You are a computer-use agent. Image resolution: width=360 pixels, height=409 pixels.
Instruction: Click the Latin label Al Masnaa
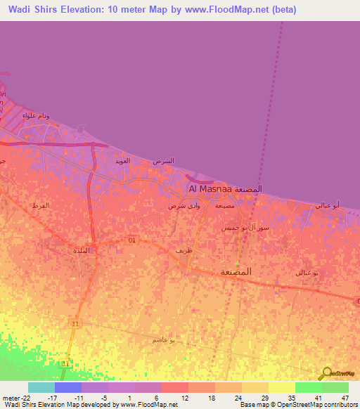tap(212, 190)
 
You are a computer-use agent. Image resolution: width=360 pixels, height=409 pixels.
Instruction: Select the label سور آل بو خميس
tap(245, 228)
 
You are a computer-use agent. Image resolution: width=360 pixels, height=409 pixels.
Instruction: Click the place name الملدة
tap(81, 250)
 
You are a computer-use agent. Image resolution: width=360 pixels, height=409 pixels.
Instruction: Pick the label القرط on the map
tap(40, 205)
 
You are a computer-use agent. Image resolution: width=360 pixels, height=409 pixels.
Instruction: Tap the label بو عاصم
tap(163, 339)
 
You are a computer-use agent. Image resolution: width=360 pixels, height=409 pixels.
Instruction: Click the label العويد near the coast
tap(122, 161)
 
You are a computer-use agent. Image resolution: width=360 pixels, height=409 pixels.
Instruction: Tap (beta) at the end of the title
tap(282, 9)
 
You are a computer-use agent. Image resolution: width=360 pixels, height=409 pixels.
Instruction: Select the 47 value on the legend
tap(345, 398)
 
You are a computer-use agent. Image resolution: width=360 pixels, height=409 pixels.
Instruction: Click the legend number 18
tap(211, 398)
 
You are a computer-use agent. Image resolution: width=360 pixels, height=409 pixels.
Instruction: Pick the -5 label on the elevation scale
tap(104, 398)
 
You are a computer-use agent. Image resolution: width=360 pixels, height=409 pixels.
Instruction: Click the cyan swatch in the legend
tap(41, 387)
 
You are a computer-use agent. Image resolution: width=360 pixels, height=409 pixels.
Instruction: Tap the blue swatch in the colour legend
tap(67, 387)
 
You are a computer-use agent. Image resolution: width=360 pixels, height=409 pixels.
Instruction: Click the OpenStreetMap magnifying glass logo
tap(326, 373)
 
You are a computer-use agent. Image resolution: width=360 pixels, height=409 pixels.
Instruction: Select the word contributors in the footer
tap(338, 405)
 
